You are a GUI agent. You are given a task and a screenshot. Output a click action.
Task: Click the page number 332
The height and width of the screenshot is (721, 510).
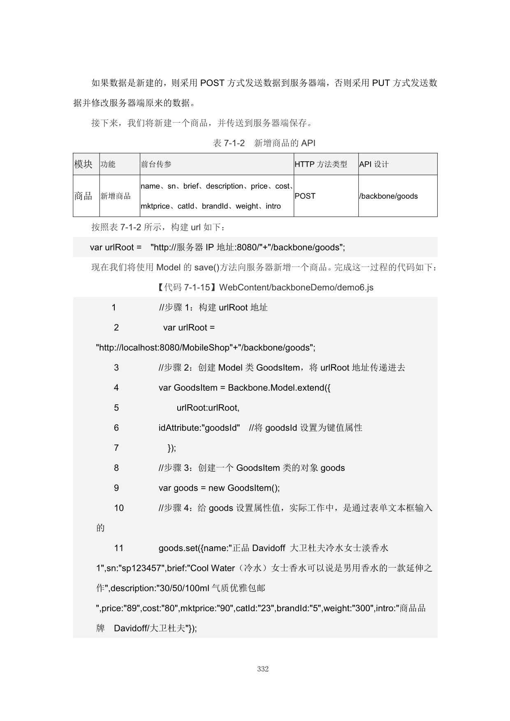[x=263, y=669]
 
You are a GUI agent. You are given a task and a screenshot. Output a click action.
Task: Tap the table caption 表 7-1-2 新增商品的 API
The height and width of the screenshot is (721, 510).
[x=264, y=143]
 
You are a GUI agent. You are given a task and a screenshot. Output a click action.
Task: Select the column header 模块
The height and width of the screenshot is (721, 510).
[x=83, y=164]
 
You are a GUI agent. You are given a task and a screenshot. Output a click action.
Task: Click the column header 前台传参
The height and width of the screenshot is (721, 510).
[x=156, y=165]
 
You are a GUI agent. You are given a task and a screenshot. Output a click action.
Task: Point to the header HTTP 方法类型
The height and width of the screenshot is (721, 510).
[x=321, y=165]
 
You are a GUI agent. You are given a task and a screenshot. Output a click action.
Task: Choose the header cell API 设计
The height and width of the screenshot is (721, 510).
[x=374, y=165]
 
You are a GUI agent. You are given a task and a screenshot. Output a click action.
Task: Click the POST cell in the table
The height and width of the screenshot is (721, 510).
[x=305, y=196]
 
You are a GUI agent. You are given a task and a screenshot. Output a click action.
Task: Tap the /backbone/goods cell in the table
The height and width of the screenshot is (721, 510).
[x=389, y=196]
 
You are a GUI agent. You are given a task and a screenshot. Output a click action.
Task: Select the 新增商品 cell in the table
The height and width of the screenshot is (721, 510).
[x=116, y=196]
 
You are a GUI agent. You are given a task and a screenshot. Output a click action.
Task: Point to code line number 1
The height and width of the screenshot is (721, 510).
[x=114, y=308]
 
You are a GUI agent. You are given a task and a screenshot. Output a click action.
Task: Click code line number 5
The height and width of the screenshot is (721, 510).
[x=116, y=408]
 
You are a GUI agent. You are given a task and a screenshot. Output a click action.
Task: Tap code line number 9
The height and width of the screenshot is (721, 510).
[x=116, y=488]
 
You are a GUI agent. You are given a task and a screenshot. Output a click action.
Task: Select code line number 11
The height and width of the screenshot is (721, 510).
[x=119, y=548]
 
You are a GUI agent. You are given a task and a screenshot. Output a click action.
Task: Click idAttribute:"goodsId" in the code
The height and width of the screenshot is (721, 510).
[x=199, y=428]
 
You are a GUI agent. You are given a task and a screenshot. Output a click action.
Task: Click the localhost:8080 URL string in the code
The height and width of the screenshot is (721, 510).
[x=206, y=348]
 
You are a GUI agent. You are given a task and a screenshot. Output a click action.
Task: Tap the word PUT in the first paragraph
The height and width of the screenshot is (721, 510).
[x=381, y=83]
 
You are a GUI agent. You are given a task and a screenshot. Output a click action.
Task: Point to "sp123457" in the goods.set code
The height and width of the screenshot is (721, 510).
[x=143, y=568]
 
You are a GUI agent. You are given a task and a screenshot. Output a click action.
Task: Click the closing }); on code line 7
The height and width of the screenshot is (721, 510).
[x=172, y=448]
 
